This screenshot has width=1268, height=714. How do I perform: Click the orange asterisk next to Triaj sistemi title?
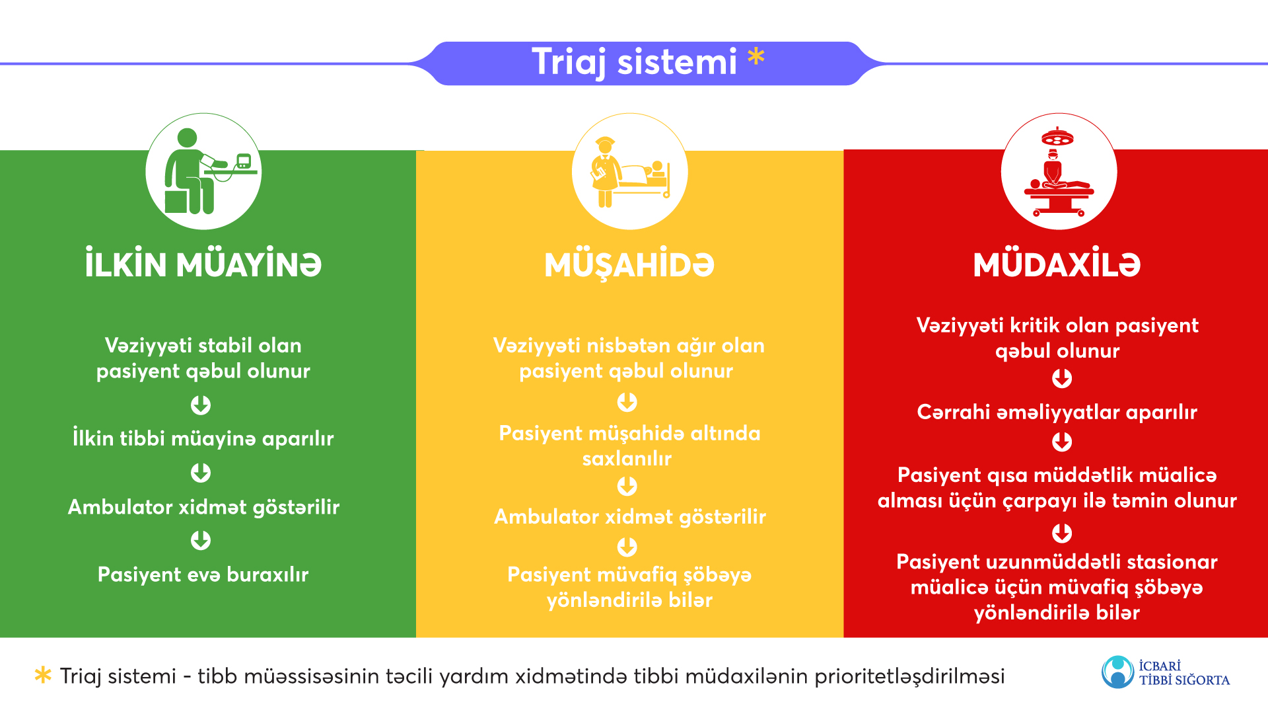pos(756,57)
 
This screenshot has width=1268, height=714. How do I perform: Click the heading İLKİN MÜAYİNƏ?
pos(203,264)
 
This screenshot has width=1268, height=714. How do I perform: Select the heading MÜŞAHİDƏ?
pos(629,265)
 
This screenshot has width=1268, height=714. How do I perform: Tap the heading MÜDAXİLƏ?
pos(1057,264)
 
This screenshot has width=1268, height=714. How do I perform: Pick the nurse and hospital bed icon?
pos(630,172)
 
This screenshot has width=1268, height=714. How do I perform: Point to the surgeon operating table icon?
pos(1059,172)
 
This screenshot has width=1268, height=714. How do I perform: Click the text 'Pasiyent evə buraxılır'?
pos(203,575)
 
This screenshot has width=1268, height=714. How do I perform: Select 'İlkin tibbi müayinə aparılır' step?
pos(203,438)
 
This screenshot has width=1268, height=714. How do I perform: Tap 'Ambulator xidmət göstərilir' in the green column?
pos(203,506)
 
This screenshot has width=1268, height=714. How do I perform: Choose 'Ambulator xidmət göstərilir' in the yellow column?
pos(630,516)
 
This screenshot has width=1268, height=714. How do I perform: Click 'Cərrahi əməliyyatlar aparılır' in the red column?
pos(1057,412)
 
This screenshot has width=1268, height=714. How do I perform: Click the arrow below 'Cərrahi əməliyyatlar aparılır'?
pos(1062,442)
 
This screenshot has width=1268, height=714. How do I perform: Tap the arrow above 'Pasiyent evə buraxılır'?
pos(201,540)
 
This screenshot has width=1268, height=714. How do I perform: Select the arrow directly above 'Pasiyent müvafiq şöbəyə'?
pos(627,547)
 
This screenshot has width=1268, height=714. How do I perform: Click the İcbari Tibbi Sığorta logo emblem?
pos(1118,672)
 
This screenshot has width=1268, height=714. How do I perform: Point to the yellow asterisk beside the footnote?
pos(43,675)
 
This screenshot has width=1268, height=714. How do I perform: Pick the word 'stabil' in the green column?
pos(225,345)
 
